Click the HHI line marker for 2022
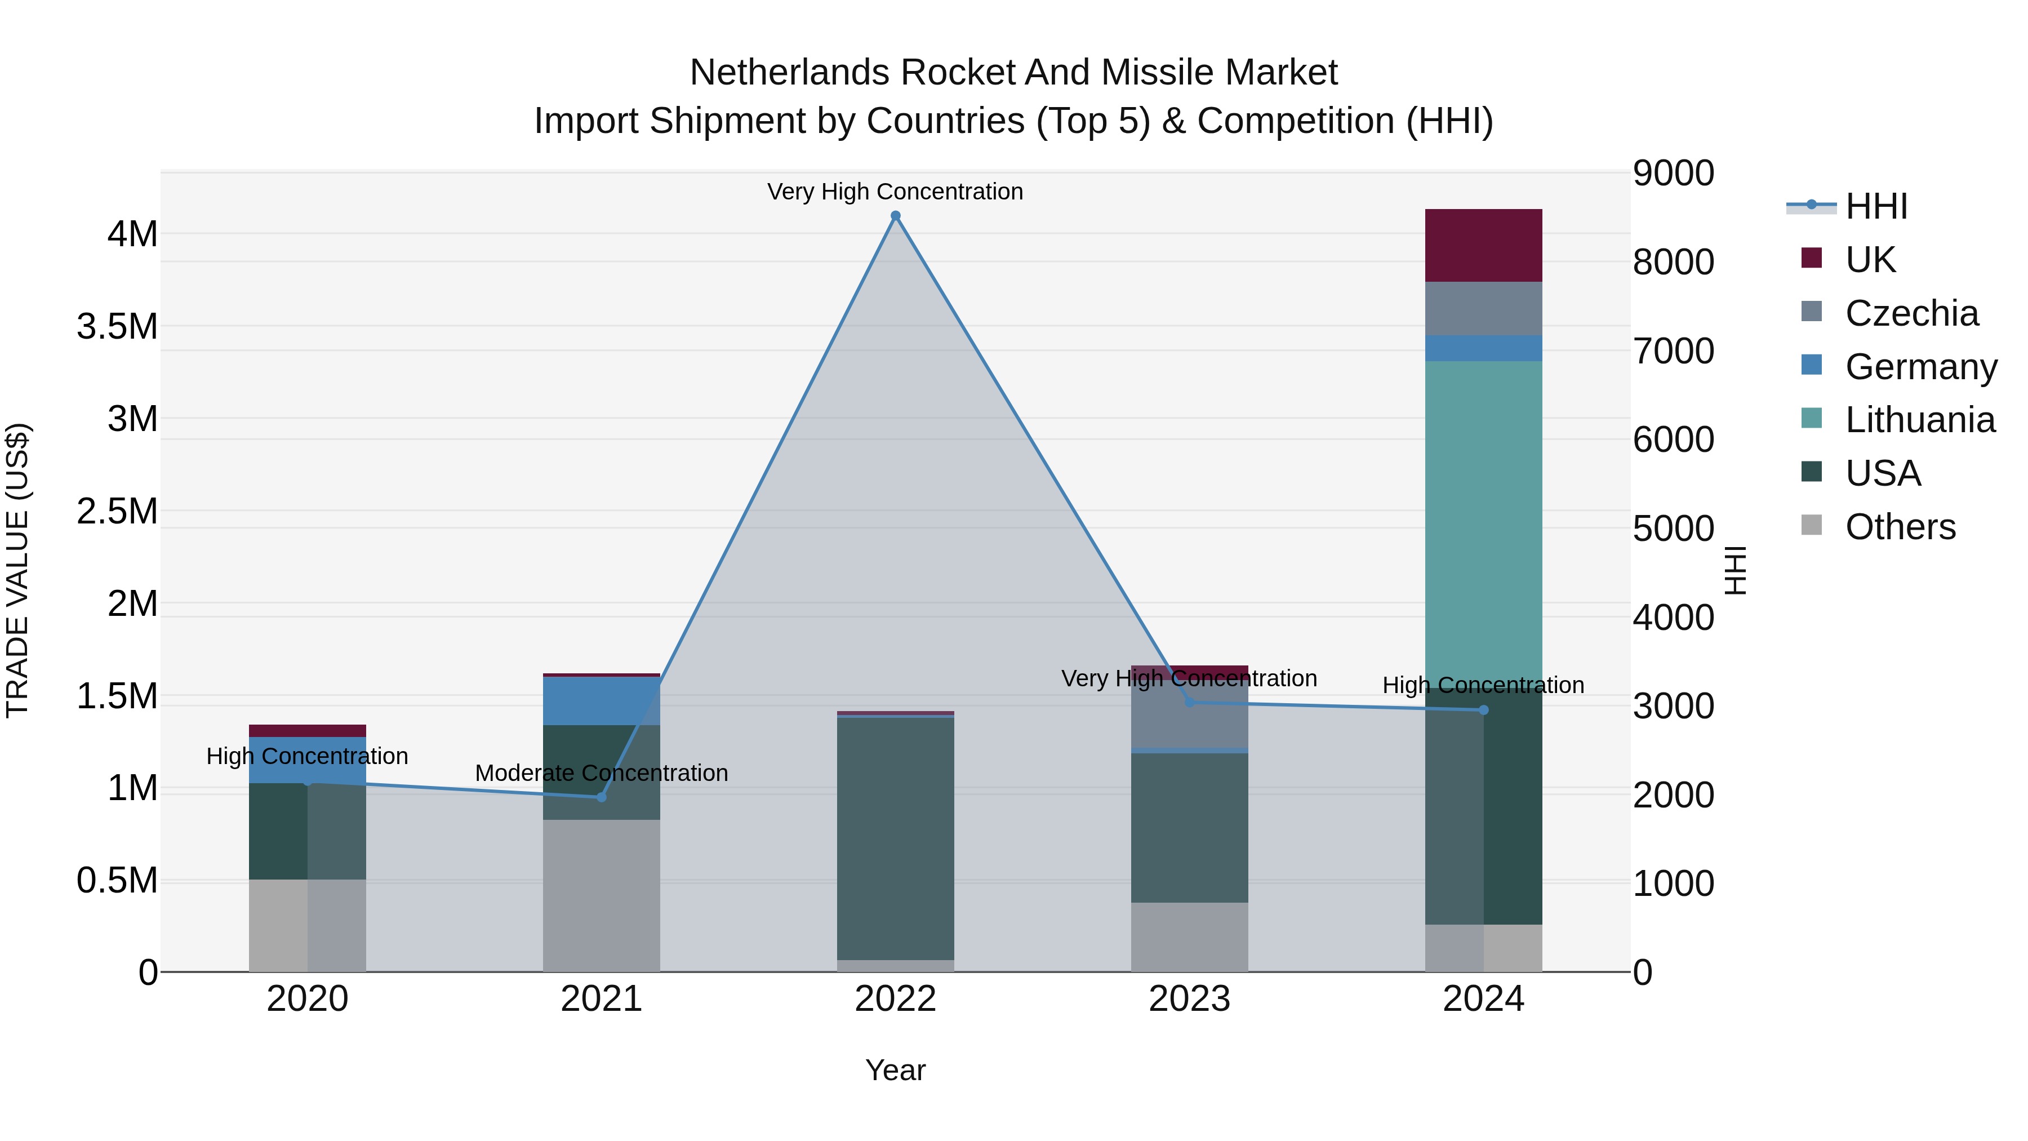click(895, 216)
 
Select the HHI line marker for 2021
click(602, 797)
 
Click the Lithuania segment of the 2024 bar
click(1483, 520)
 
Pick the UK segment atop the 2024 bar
click(1483, 245)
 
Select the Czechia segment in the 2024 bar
click(1483, 309)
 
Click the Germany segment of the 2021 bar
click(602, 701)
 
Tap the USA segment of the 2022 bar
click(895, 838)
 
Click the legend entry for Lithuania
click(1919, 420)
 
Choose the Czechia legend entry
click(1911, 313)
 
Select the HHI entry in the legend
click(1875, 206)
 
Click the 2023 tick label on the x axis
click(1189, 999)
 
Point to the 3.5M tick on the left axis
click(117, 326)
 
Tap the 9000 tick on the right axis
click(1673, 173)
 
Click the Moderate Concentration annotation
click(602, 773)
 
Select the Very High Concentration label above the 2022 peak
click(895, 192)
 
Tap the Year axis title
click(895, 1070)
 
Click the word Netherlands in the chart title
click(790, 73)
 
